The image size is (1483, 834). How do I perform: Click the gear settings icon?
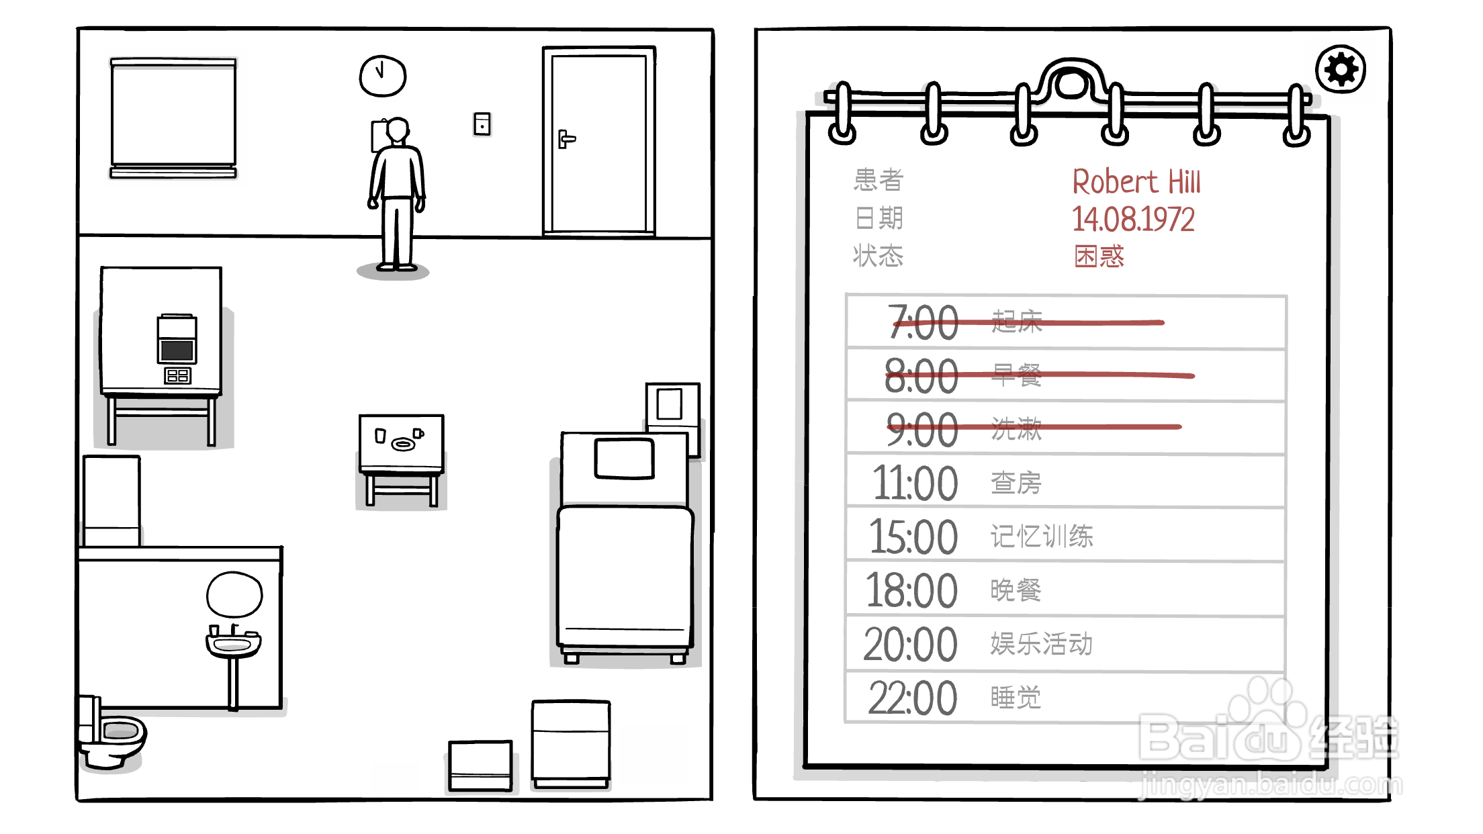(1341, 69)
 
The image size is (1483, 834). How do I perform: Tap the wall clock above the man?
(383, 76)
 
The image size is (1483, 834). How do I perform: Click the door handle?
(566, 139)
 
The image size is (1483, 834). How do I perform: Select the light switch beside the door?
(482, 124)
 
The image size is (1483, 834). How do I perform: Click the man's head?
(398, 130)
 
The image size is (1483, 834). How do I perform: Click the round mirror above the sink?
(234, 594)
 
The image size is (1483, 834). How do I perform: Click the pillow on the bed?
(625, 459)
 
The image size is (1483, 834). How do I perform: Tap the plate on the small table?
(403, 443)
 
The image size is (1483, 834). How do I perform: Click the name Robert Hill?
(1136, 182)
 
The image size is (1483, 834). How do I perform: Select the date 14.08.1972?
(1133, 220)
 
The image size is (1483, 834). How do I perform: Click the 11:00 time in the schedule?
(915, 483)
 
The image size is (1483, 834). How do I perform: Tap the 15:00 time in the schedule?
(913, 537)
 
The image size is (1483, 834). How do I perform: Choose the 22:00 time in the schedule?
(912, 698)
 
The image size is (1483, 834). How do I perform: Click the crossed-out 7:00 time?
(923, 322)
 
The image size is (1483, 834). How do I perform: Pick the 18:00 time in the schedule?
(911, 591)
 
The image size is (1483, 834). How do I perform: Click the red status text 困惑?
(1099, 256)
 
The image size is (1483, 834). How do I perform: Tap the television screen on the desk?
(177, 350)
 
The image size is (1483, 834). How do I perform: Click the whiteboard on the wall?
(173, 118)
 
